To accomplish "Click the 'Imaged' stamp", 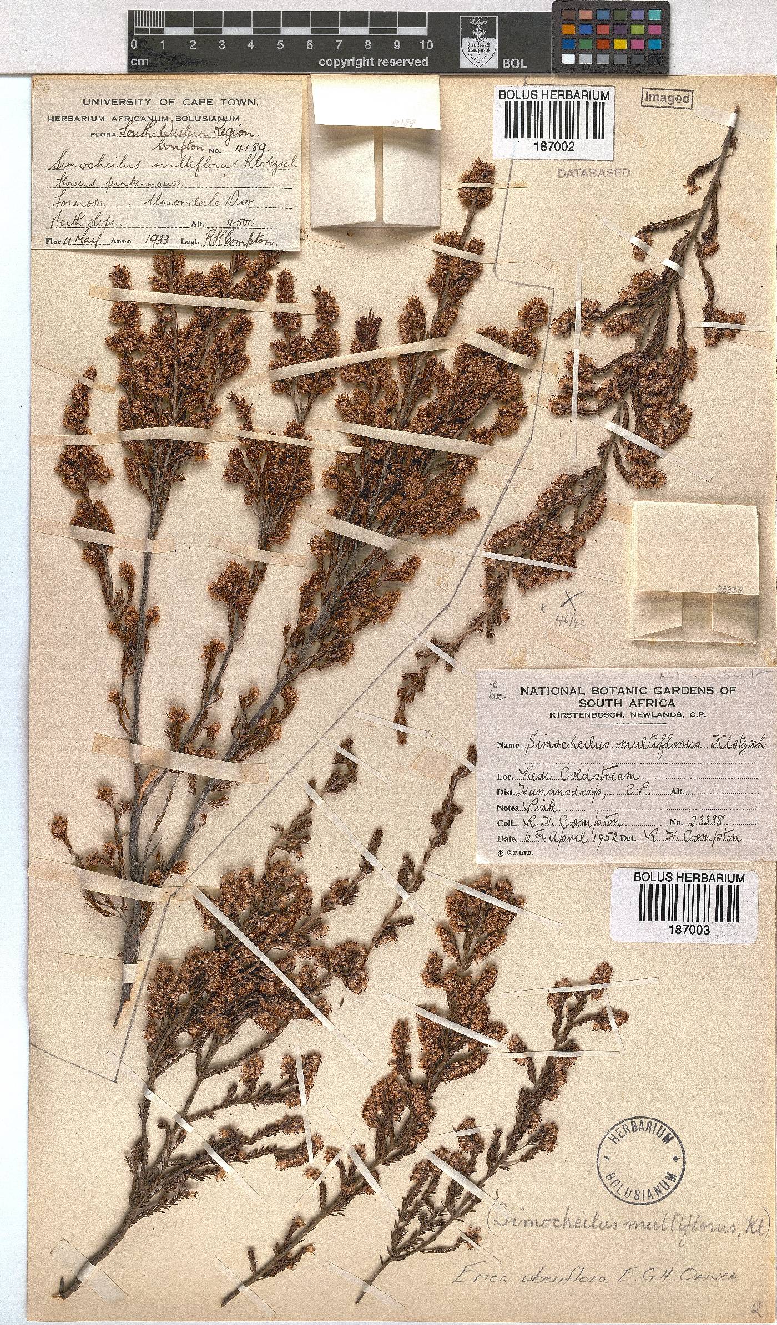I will click(667, 98).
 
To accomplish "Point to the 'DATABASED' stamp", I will click(593, 173).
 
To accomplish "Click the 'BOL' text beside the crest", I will click(514, 63).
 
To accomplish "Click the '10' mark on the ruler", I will click(426, 45).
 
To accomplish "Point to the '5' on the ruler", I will click(280, 45).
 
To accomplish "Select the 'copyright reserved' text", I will click(373, 62).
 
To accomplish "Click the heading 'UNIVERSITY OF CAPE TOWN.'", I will click(170, 102).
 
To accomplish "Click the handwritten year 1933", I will click(156, 240).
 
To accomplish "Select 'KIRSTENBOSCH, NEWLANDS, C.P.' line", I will click(628, 715).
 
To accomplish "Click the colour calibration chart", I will click(610, 36).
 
